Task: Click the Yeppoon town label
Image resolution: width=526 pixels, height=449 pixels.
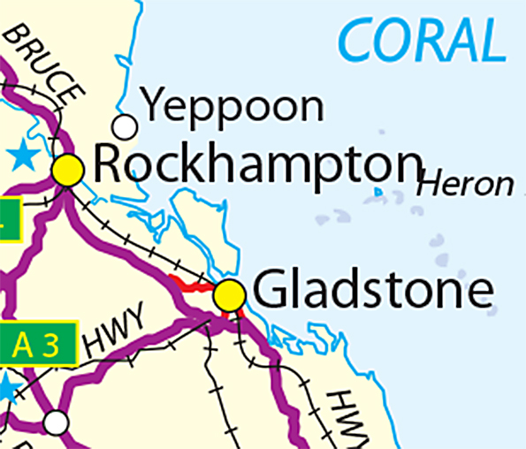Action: coord(233,107)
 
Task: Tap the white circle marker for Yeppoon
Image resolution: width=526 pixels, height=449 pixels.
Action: coord(125,127)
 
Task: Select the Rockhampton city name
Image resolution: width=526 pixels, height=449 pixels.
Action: coord(256,164)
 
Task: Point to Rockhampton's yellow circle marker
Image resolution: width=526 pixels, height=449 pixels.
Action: coord(68,170)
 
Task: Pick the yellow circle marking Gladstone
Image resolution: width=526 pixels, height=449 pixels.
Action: coord(230,295)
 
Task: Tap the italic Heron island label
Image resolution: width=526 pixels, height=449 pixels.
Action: coord(465,185)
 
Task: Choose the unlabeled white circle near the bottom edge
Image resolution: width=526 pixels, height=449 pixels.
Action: coord(57,422)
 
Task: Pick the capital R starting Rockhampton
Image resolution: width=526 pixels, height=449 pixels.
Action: coord(108,164)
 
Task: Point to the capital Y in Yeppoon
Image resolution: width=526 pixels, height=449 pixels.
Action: coord(156,106)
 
